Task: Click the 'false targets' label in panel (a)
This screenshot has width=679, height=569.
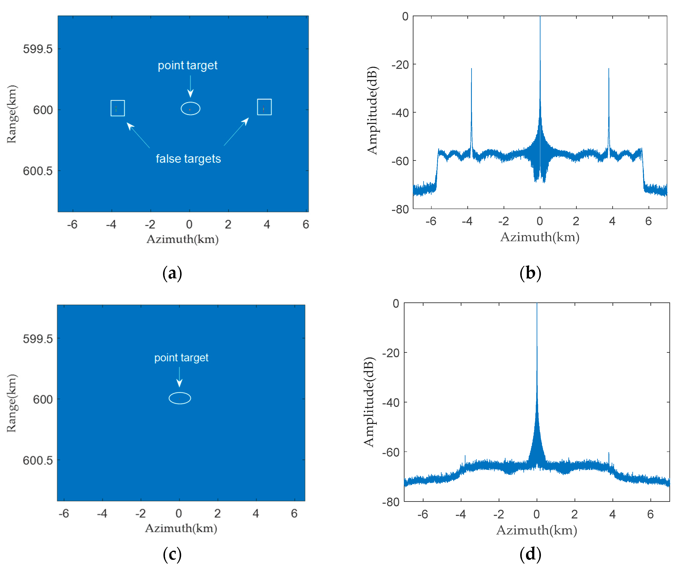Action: click(188, 159)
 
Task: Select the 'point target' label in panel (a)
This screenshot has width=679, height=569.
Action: click(188, 65)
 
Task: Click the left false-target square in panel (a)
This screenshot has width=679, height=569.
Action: click(118, 108)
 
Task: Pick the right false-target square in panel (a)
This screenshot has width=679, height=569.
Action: click(264, 107)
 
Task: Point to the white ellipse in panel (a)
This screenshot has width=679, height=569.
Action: click(191, 109)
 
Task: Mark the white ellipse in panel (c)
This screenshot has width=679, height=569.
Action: click(180, 398)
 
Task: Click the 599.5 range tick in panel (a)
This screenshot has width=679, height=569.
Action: click(38, 49)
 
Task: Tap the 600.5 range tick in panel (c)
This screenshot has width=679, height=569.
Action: click(38, 460)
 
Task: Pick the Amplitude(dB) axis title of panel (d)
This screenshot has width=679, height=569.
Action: click(369, 402)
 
